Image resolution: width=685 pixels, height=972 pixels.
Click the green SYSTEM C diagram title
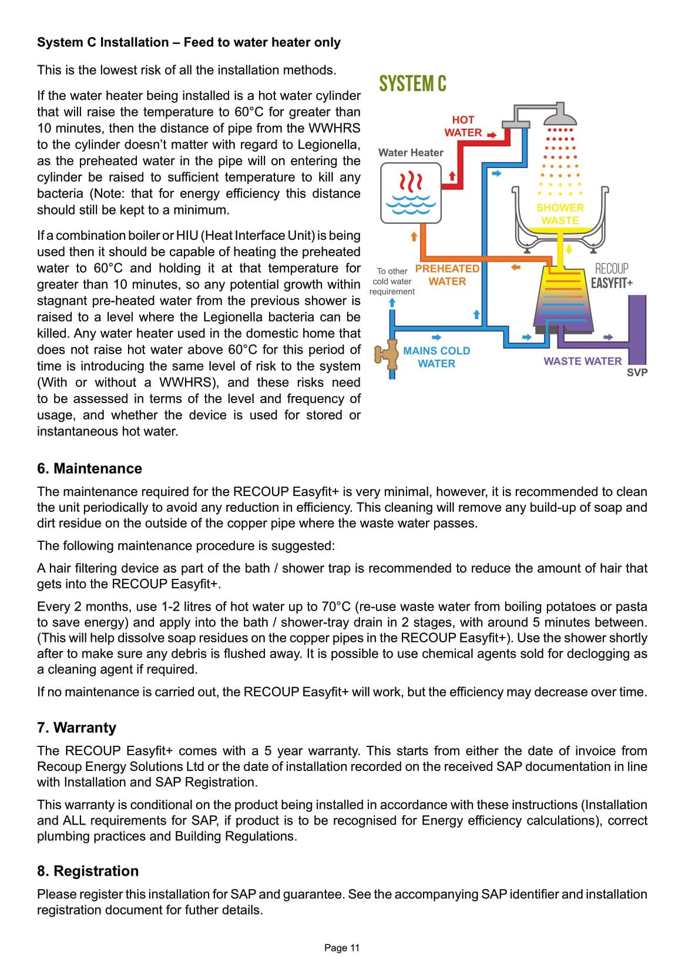412,84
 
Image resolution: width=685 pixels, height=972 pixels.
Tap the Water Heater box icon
411,193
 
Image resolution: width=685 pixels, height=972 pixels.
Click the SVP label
637,373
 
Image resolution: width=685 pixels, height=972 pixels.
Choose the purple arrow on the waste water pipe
609,337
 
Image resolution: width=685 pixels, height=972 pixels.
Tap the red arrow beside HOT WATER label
491,135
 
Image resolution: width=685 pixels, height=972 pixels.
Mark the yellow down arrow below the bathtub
569,249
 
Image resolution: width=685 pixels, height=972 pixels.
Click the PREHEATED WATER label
447,275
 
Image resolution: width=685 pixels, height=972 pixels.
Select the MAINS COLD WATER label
436,357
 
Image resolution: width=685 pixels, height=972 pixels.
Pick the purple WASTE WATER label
582,361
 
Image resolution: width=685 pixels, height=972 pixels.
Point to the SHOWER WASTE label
560,214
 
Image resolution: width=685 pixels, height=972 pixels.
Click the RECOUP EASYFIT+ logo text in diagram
612,276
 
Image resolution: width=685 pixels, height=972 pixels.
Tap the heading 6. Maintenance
89,468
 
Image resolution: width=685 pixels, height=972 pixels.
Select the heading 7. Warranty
76,728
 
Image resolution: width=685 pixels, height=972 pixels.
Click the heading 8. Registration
88,871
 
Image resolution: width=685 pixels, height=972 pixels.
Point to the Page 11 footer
342,947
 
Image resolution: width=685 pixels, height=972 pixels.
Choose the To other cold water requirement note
392,281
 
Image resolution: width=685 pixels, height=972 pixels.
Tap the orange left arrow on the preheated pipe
516,267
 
